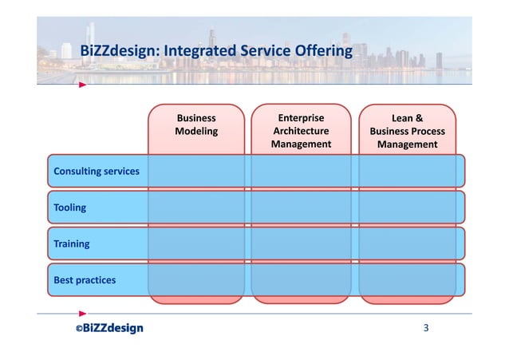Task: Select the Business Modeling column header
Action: click(x=196, y=125)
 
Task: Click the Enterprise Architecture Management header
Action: click(x=302, y=131)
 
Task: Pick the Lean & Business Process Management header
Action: click(x=407, y=132)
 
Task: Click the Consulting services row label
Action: click(x=96, y=172)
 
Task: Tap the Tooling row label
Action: click(x=69, y=208)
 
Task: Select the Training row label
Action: click(x=71, y=243)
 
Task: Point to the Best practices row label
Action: click(x=84, y=280)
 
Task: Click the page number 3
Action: click(x=427, y=328)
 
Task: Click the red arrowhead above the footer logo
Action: click(x=82, y=314)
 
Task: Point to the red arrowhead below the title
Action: click(x=82, y=84)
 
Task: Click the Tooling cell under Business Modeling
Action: click(x=196, y=208)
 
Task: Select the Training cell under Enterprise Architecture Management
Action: click(x=302, y=243)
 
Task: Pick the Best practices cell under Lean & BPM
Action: click(x=407, y=280)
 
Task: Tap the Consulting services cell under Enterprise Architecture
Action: click(x=302, y=172)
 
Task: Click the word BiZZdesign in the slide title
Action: click(x=117, y=52)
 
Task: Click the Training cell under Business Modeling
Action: click(x=196, y=243)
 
